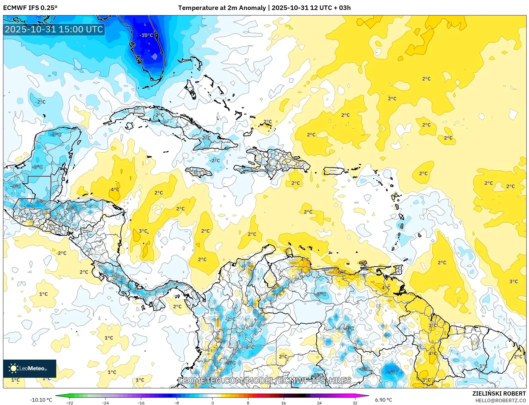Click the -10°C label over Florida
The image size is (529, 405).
[146, 35]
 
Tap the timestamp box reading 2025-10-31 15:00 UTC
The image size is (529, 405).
[54, 29]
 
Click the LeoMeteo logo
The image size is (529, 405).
[29, 368]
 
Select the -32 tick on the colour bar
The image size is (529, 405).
[70, 403]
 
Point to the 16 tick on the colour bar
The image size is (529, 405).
[283, 403]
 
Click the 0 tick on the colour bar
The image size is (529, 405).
[212, 403]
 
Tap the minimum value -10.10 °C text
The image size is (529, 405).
[41, 400]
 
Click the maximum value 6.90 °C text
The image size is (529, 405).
[384, 400]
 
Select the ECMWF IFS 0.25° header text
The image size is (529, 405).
[30, 8]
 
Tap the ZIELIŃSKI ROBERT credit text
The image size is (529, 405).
[499, 393]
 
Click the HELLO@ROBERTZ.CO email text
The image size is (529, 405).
[500, 400]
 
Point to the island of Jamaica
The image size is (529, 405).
[198, 172]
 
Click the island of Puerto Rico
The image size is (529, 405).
[334, 171]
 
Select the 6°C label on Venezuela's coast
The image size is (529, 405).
[342, 272]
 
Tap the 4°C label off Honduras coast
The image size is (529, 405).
[115, 189]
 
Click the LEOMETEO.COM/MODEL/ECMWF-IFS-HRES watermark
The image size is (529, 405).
[265, 380]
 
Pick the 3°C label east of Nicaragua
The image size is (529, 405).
[143, 231]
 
